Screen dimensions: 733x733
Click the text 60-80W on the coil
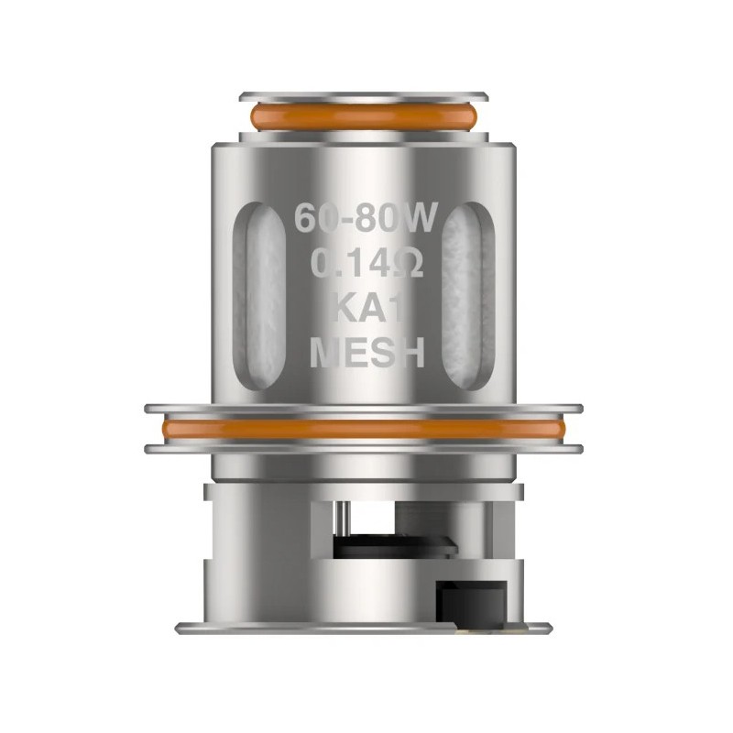[366, 220]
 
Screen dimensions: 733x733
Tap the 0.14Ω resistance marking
[366, 265]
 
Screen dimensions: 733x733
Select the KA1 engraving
[366, 309]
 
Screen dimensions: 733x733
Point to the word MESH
[366, 352]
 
